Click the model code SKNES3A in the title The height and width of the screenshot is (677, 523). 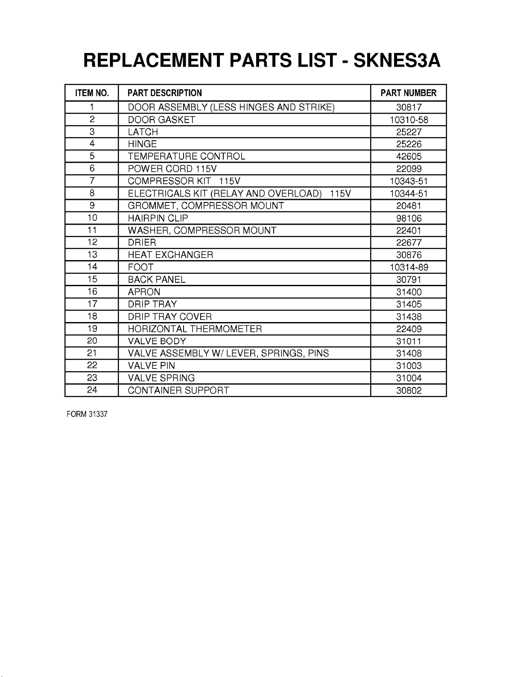[397, 61]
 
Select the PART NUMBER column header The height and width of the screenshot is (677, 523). [408, 93]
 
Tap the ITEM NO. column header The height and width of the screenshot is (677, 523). [92, 93]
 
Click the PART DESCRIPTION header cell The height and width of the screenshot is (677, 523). [164, 93]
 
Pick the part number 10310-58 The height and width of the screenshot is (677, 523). [409, 120]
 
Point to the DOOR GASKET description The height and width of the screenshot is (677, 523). [161, 120]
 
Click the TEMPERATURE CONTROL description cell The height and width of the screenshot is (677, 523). [187, 157]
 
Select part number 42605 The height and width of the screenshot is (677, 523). [409, 157]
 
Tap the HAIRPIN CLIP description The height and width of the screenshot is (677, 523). [158, 218]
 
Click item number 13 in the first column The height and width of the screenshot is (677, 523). [92, 255]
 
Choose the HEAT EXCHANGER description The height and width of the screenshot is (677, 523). [170, 255]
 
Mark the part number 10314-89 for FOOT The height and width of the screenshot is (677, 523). [409, 267]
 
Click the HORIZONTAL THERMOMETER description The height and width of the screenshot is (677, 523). [195, 329]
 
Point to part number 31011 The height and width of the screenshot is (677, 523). [409, 341]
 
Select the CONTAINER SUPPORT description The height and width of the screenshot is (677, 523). [178, 390]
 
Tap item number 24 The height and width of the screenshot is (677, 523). [92, 390]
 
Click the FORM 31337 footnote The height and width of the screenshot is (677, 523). [87, 415]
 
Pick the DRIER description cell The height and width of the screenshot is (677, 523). [142, 243]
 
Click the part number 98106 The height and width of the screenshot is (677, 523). [409, 218]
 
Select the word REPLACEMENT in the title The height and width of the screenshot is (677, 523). [154, 61]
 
